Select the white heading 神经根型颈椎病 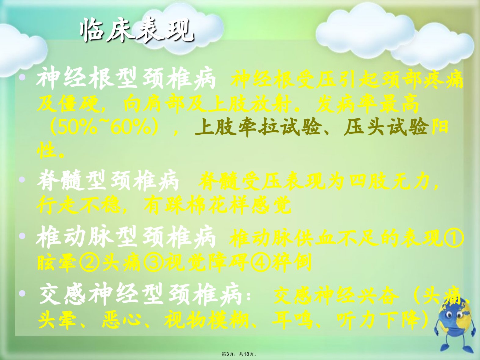(126, 78)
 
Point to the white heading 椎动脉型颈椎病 (126, 238)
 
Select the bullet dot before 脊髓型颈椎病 (22, 180)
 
